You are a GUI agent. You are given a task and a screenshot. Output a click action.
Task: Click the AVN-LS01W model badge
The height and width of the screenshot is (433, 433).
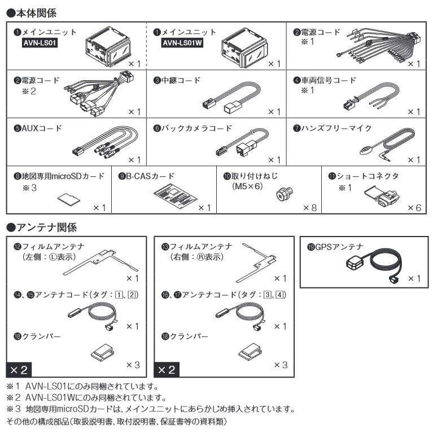point(182,43)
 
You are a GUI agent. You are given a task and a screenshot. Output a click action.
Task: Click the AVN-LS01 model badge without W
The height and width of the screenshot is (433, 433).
point(40,43)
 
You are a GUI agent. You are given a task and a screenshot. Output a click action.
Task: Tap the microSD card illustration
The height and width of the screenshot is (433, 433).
point(69,199)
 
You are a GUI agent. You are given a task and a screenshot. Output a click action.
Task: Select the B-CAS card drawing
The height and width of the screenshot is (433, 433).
point(175,196)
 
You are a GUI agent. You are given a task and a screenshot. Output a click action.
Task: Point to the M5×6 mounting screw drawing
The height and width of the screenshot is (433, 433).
point(285,193)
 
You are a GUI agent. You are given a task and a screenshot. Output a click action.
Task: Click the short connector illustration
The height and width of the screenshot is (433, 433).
point(382,196)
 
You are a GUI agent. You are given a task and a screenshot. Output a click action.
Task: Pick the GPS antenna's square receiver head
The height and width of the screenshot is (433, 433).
point(355,263)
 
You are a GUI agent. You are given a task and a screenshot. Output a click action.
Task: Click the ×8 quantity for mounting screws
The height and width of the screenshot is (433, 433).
point(310,208)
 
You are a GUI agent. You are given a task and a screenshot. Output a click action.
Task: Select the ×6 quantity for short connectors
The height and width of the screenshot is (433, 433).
point(414,208)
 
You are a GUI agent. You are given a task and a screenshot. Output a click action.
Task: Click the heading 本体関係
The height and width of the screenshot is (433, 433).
point(31,13)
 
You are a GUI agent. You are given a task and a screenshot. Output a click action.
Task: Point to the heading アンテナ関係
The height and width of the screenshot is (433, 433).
point(41,228)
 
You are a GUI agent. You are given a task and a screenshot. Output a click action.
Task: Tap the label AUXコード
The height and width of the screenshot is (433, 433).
point(38,128)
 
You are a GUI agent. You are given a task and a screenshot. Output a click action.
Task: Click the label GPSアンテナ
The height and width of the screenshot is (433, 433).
point(335,247)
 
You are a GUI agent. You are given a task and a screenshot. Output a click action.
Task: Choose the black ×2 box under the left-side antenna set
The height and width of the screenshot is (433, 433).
point(19,370)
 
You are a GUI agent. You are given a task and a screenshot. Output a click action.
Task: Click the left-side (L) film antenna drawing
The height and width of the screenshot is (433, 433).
point(100,263)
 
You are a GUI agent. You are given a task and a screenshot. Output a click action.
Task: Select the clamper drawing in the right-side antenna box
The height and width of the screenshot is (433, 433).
point(250,352)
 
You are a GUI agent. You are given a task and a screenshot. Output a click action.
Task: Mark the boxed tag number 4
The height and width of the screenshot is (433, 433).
point(280,295)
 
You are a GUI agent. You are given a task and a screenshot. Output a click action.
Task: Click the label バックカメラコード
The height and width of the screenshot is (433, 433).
point(193,128)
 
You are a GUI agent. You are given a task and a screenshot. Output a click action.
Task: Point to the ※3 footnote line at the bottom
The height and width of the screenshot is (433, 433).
point(151,409)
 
